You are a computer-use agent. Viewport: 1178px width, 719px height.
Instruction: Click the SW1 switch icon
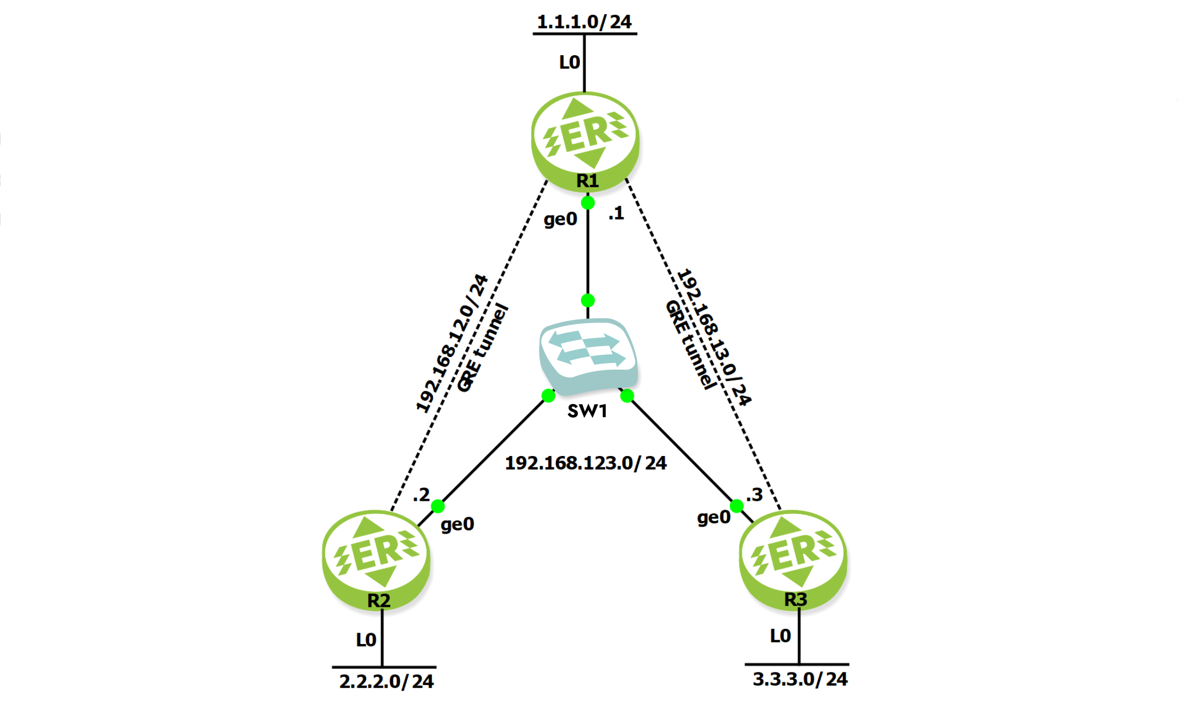click(x=588, y=355)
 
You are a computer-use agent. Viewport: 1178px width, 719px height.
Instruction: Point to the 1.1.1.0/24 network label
click(x=584, y=22)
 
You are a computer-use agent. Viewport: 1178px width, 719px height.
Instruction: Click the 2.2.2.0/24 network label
click(x=386, y=681)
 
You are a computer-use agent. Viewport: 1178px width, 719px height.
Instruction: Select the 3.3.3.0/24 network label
click(x=800, y=679)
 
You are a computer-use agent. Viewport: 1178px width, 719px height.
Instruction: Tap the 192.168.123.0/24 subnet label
click(x=585, y=463)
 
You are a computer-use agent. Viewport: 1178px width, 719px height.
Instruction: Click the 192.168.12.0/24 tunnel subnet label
click(x=452, y=343)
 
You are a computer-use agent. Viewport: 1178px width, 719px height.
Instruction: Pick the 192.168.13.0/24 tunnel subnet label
click(x=714, y=337)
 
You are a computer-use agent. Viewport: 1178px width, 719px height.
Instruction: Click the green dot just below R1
click(x=588, y=203)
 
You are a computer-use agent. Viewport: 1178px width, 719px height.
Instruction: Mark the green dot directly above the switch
click(x=588, y=300)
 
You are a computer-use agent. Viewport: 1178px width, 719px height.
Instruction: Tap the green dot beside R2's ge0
click(x=438, y=506)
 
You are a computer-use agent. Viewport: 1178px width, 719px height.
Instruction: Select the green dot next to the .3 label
click(x=737, y=506)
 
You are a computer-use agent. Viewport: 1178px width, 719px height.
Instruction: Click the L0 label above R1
click(x=569, y=62)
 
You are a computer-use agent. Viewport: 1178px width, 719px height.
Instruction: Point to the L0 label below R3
click(x=780, y=635)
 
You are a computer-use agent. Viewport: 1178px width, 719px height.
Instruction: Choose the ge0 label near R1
click(x=560, y=219)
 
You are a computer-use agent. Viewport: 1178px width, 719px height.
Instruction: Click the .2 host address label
click(x=421, y=495)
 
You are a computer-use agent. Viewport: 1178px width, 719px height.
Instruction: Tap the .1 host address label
click(x=616, y=213)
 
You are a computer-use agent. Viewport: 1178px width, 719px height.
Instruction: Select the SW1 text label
click(x=587, y=411)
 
